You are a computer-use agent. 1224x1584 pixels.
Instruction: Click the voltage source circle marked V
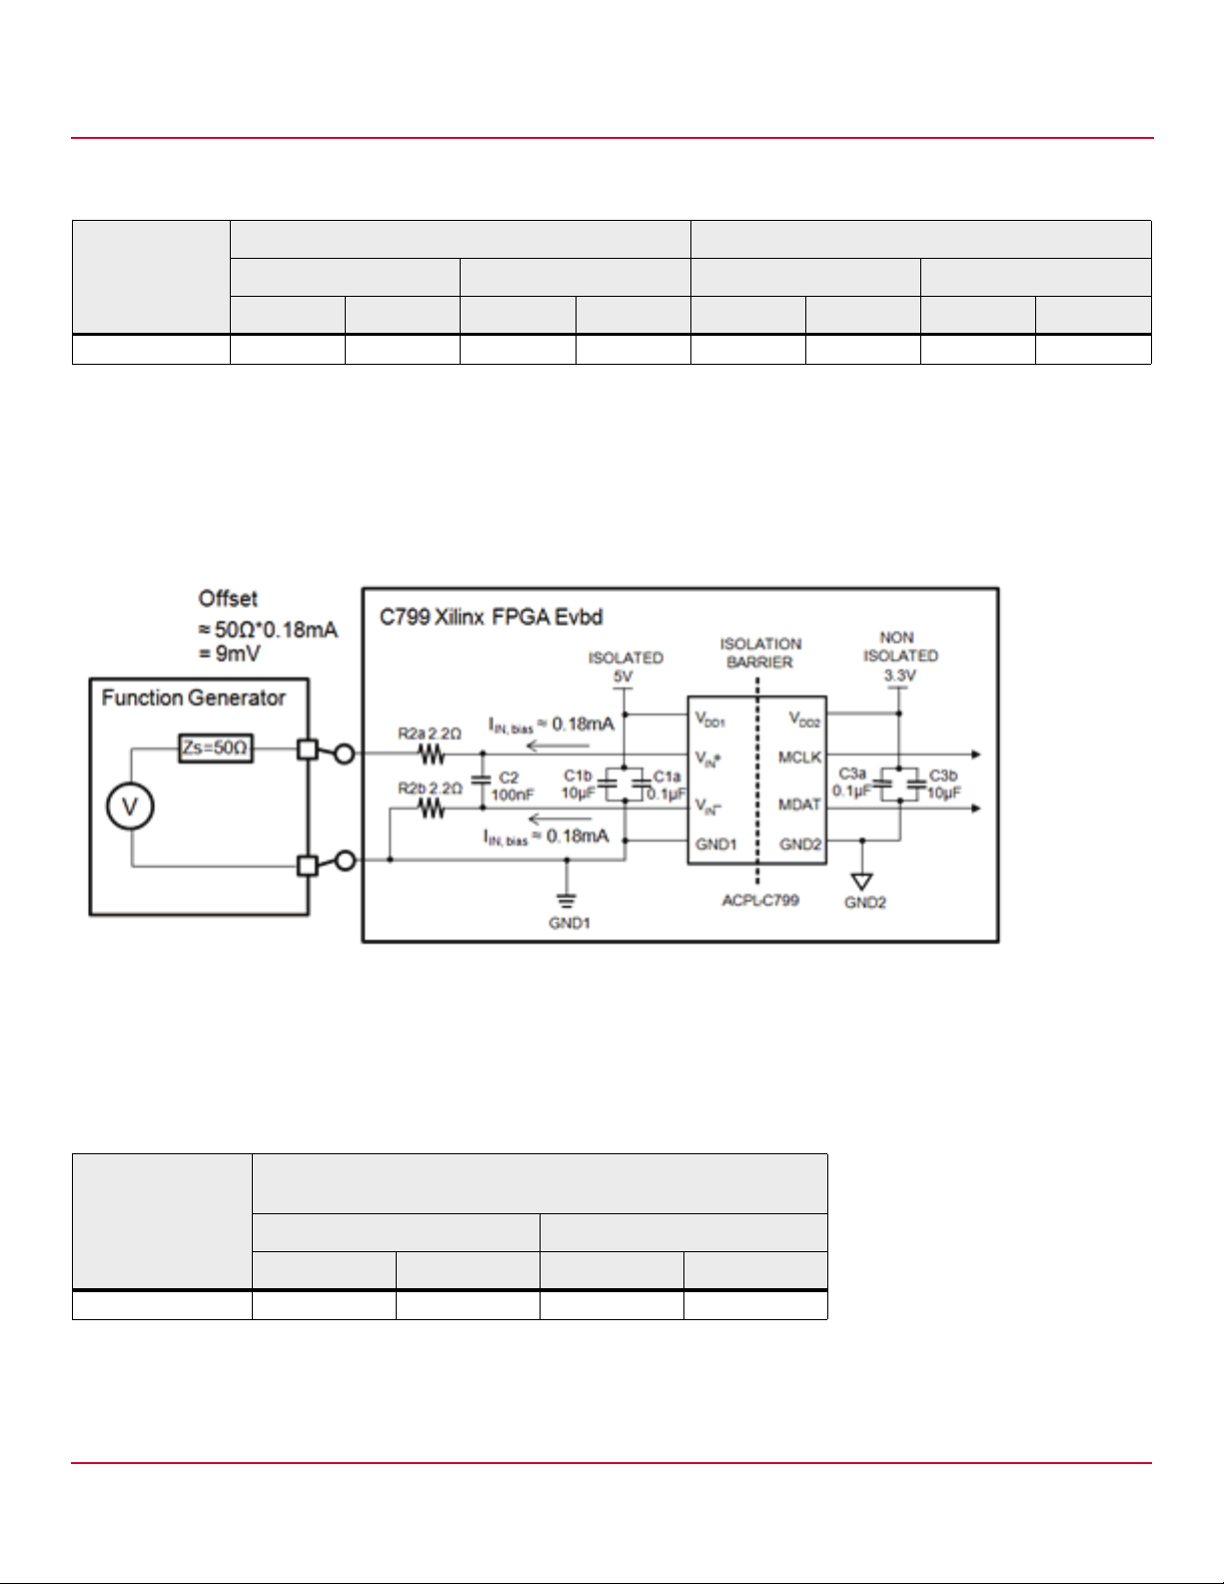[x=130, y=806]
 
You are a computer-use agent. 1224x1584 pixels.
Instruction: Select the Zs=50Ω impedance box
[x=216, y=748]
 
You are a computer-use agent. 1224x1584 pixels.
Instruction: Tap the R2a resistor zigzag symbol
[x=432, y=755]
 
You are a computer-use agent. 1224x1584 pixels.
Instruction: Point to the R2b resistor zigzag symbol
[x=432, y=808]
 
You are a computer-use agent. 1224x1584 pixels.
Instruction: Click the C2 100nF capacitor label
[x=512, y=786]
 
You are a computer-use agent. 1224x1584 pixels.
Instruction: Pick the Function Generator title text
[x=193, y=699]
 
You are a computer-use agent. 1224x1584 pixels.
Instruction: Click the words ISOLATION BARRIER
[x=760, y=653]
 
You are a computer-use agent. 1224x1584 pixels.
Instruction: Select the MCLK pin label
[x=799, y=758]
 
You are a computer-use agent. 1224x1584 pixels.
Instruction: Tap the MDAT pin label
[x=799, y=804]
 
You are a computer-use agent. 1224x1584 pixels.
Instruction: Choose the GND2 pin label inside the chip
[x=800, y=844]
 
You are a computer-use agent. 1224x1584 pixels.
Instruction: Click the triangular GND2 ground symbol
[x=861, y=881]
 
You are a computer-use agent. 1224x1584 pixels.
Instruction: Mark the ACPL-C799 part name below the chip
[x=760, y=900]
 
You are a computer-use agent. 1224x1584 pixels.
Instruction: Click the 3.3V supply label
[x=899, y=676]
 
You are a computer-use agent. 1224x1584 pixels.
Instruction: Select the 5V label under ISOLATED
[x=623, y=677]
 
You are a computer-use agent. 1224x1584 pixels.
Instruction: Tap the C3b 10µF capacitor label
[x=944, y=784]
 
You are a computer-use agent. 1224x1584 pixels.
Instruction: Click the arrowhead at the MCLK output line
[x=976, y=755]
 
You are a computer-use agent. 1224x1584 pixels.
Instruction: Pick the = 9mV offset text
[x=230, y=654]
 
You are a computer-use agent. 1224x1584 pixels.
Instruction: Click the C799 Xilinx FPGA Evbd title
[x=491, y=617]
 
